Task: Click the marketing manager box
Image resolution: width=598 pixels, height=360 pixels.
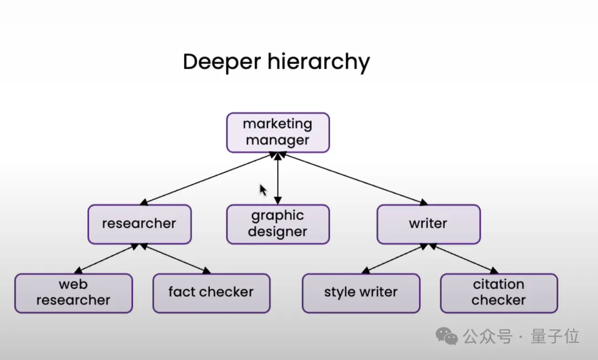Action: click(x=278, y=132)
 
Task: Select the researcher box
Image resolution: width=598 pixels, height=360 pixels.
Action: click(x=140, y=224)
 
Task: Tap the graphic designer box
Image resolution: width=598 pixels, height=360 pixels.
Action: click(x=278, y=224)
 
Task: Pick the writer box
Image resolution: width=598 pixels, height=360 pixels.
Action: click(x=429, y=224)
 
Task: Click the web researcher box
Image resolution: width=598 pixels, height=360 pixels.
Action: click(x=74, y=293)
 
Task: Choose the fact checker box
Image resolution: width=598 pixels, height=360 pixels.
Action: click(x=212, y=293)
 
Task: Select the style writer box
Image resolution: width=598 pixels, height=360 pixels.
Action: click(x=361, y=293)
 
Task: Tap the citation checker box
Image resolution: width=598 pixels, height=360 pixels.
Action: click(x=499, y=293)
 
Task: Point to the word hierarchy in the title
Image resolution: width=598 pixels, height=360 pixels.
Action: click(x=318, y=63)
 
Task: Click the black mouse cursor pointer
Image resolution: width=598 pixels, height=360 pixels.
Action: click(x=264, y=190)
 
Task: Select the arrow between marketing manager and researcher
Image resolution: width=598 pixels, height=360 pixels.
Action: click(x=208, y=179)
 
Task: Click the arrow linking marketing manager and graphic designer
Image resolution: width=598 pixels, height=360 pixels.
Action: click(x=278, y=178)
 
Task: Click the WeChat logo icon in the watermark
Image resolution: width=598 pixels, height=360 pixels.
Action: click(x=447, y=335)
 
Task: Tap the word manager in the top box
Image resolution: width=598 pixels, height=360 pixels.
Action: click(x=278, y=140)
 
